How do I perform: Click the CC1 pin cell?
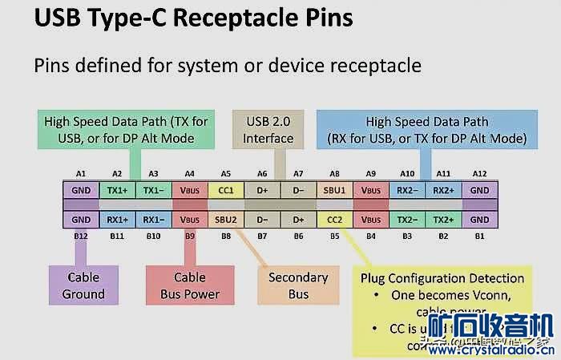click(225, 192)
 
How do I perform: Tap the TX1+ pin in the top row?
click(116, 192)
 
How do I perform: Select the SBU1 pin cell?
click(334, 192)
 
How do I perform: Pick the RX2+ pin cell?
click(442, 192)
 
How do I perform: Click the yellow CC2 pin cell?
click(334, 219)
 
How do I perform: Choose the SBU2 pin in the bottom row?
click(225, 219)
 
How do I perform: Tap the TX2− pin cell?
click(406, 219)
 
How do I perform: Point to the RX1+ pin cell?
click(116, 219)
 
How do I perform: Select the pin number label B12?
click(80, 237)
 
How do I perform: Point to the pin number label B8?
click(225, 237)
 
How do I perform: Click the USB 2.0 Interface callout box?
click(270, 129)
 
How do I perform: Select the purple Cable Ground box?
click(83, 285)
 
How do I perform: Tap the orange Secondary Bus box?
click(297, 285)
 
